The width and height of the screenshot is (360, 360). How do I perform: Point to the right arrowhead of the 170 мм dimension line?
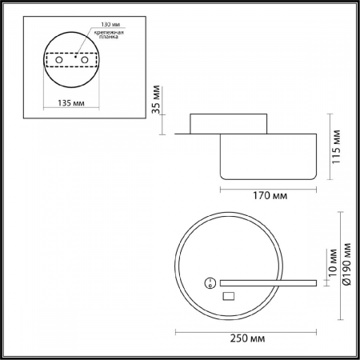pyautogui.click(x=313, y=188)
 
